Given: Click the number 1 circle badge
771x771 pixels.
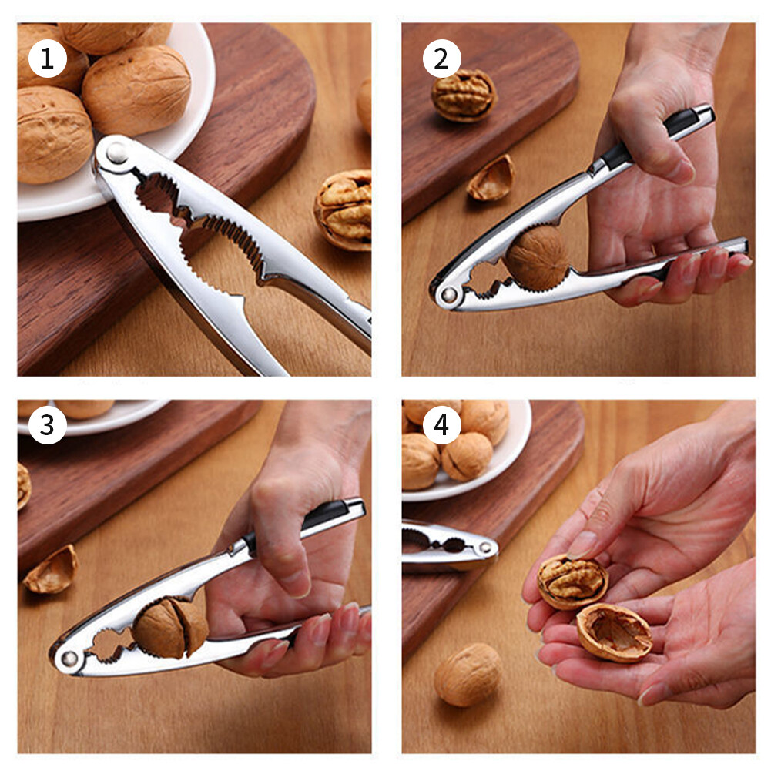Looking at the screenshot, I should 48,59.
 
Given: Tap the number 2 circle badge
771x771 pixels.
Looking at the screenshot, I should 441,59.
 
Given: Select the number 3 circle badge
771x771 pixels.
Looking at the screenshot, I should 48,426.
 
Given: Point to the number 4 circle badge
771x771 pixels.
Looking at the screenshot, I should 441,426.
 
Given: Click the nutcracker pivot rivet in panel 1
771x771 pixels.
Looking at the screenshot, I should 117,153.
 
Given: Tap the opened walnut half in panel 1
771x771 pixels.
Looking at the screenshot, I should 344,209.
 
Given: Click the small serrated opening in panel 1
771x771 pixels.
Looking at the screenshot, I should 158,193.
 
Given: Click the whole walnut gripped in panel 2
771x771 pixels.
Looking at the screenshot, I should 536,257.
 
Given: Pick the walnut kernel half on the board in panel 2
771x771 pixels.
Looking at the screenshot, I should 464,95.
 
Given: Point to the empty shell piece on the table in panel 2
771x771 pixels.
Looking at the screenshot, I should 491,179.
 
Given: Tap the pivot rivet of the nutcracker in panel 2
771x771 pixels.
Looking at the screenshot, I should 448,294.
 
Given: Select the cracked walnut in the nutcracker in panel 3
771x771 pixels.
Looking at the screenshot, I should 169,628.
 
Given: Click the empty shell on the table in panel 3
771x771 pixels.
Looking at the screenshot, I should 51,571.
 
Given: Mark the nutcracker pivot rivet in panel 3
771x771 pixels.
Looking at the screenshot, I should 69,659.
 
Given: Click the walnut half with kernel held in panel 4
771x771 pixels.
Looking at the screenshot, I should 572,582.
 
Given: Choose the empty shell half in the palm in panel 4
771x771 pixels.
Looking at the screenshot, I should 615,632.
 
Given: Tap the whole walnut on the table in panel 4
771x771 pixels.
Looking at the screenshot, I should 468,674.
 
